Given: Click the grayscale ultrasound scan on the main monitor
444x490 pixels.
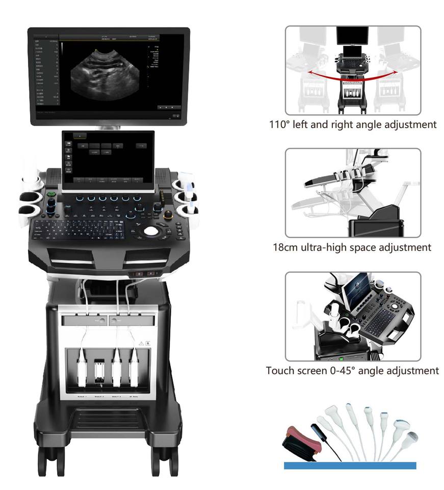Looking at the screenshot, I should (108, 72).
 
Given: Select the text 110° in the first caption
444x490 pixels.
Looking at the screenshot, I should (280, 124).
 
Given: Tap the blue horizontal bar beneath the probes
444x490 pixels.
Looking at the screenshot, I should (350, 465).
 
